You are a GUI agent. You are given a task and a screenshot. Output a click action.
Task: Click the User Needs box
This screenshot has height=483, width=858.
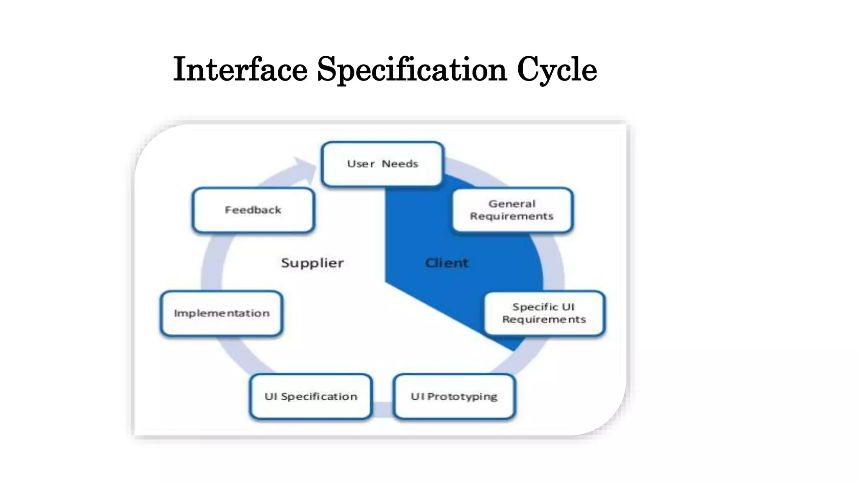pos(382,164)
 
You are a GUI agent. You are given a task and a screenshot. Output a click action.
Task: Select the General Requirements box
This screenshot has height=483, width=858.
pos(512,210)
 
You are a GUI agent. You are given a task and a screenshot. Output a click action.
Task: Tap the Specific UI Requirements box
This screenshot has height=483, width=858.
pos(544,313)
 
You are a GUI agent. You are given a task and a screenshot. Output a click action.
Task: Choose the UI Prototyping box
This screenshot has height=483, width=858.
pos(454,396)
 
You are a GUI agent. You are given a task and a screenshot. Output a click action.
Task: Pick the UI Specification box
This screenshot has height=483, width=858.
pos(310,396)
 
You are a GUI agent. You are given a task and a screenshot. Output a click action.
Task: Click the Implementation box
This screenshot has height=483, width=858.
pos(221,313)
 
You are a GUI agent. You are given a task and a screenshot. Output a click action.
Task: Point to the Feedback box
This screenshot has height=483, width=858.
pos(253,210)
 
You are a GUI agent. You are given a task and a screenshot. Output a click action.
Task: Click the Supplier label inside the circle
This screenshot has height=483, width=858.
pos(312,263)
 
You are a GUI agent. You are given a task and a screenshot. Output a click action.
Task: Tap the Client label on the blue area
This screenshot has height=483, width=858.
pos(447,263)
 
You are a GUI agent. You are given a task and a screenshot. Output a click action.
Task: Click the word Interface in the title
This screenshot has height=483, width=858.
pos(240,70)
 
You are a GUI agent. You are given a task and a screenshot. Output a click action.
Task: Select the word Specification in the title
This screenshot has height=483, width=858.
pos(412,70)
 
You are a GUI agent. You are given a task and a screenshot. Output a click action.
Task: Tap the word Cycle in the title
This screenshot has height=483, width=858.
pos(557,70)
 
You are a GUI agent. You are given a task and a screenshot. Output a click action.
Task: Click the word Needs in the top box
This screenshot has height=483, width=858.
pos(400,164)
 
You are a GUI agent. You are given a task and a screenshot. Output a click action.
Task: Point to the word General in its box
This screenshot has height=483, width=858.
pos(512,204)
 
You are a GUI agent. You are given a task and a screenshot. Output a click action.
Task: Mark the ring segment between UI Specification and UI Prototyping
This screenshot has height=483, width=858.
pos(382,409)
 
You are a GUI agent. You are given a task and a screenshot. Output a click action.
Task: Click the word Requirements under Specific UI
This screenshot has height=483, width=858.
pos(544,319)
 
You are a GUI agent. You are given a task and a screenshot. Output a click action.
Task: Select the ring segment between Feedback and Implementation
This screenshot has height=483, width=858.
pos(212,262)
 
